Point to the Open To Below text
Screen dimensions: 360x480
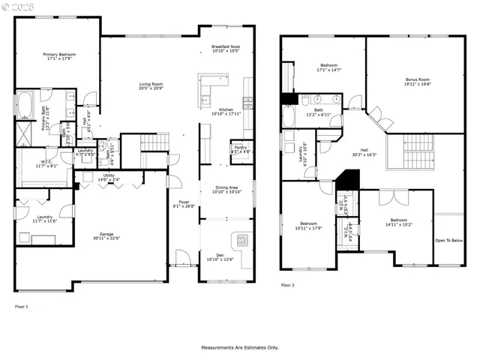tap(449, 241)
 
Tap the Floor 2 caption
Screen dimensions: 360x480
tap(288, 286)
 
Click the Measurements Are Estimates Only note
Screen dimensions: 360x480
tap(239, 348)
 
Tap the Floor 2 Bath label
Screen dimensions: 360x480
tap(314, 112)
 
